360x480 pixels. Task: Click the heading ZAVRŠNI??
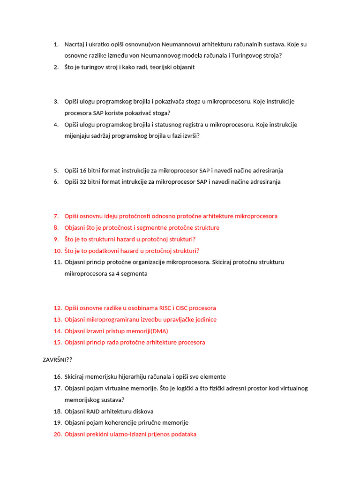pyautogui.click(x=57, y=360)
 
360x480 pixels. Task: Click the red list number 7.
pyautogui.click(x=56, y=216)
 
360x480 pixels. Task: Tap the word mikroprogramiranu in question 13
pyautogui.click(x=111, y=320)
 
